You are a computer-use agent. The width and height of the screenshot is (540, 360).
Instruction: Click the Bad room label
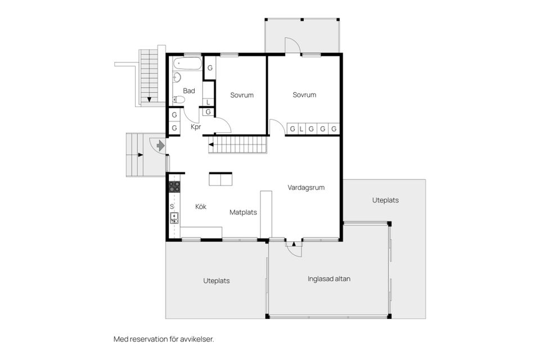tap(189, 91)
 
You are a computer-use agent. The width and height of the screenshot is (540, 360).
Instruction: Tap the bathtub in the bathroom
tap(186, 63)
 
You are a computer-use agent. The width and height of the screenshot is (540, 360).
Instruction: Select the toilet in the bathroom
tap(178, 100)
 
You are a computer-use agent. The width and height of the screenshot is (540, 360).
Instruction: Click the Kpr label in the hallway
tap(196, 127)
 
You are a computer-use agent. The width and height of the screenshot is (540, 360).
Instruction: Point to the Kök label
tap(201, 207)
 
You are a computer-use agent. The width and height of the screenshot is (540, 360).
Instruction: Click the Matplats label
tap(243, 213)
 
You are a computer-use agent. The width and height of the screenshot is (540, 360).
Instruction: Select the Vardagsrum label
tap(306, 188)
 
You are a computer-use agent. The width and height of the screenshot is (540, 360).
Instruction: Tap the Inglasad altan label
tap(329, 278)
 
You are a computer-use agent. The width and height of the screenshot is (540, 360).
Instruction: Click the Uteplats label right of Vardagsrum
tap(386, 200)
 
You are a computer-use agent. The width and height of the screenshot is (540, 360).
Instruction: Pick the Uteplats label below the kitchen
tap(216, 281)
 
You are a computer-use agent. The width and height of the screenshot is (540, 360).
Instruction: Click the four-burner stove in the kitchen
tap(175, 187)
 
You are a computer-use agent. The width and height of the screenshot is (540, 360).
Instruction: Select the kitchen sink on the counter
tap(174, 218)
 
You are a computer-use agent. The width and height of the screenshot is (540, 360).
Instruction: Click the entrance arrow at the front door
tap(160, 146)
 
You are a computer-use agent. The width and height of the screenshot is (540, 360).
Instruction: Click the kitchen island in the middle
tap(220, 179)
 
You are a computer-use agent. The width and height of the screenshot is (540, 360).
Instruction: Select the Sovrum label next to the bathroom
tap(242, 95)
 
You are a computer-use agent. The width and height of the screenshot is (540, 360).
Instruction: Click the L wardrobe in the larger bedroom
tap(301, 129)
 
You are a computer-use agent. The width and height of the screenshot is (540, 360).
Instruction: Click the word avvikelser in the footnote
tap(197, 339)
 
